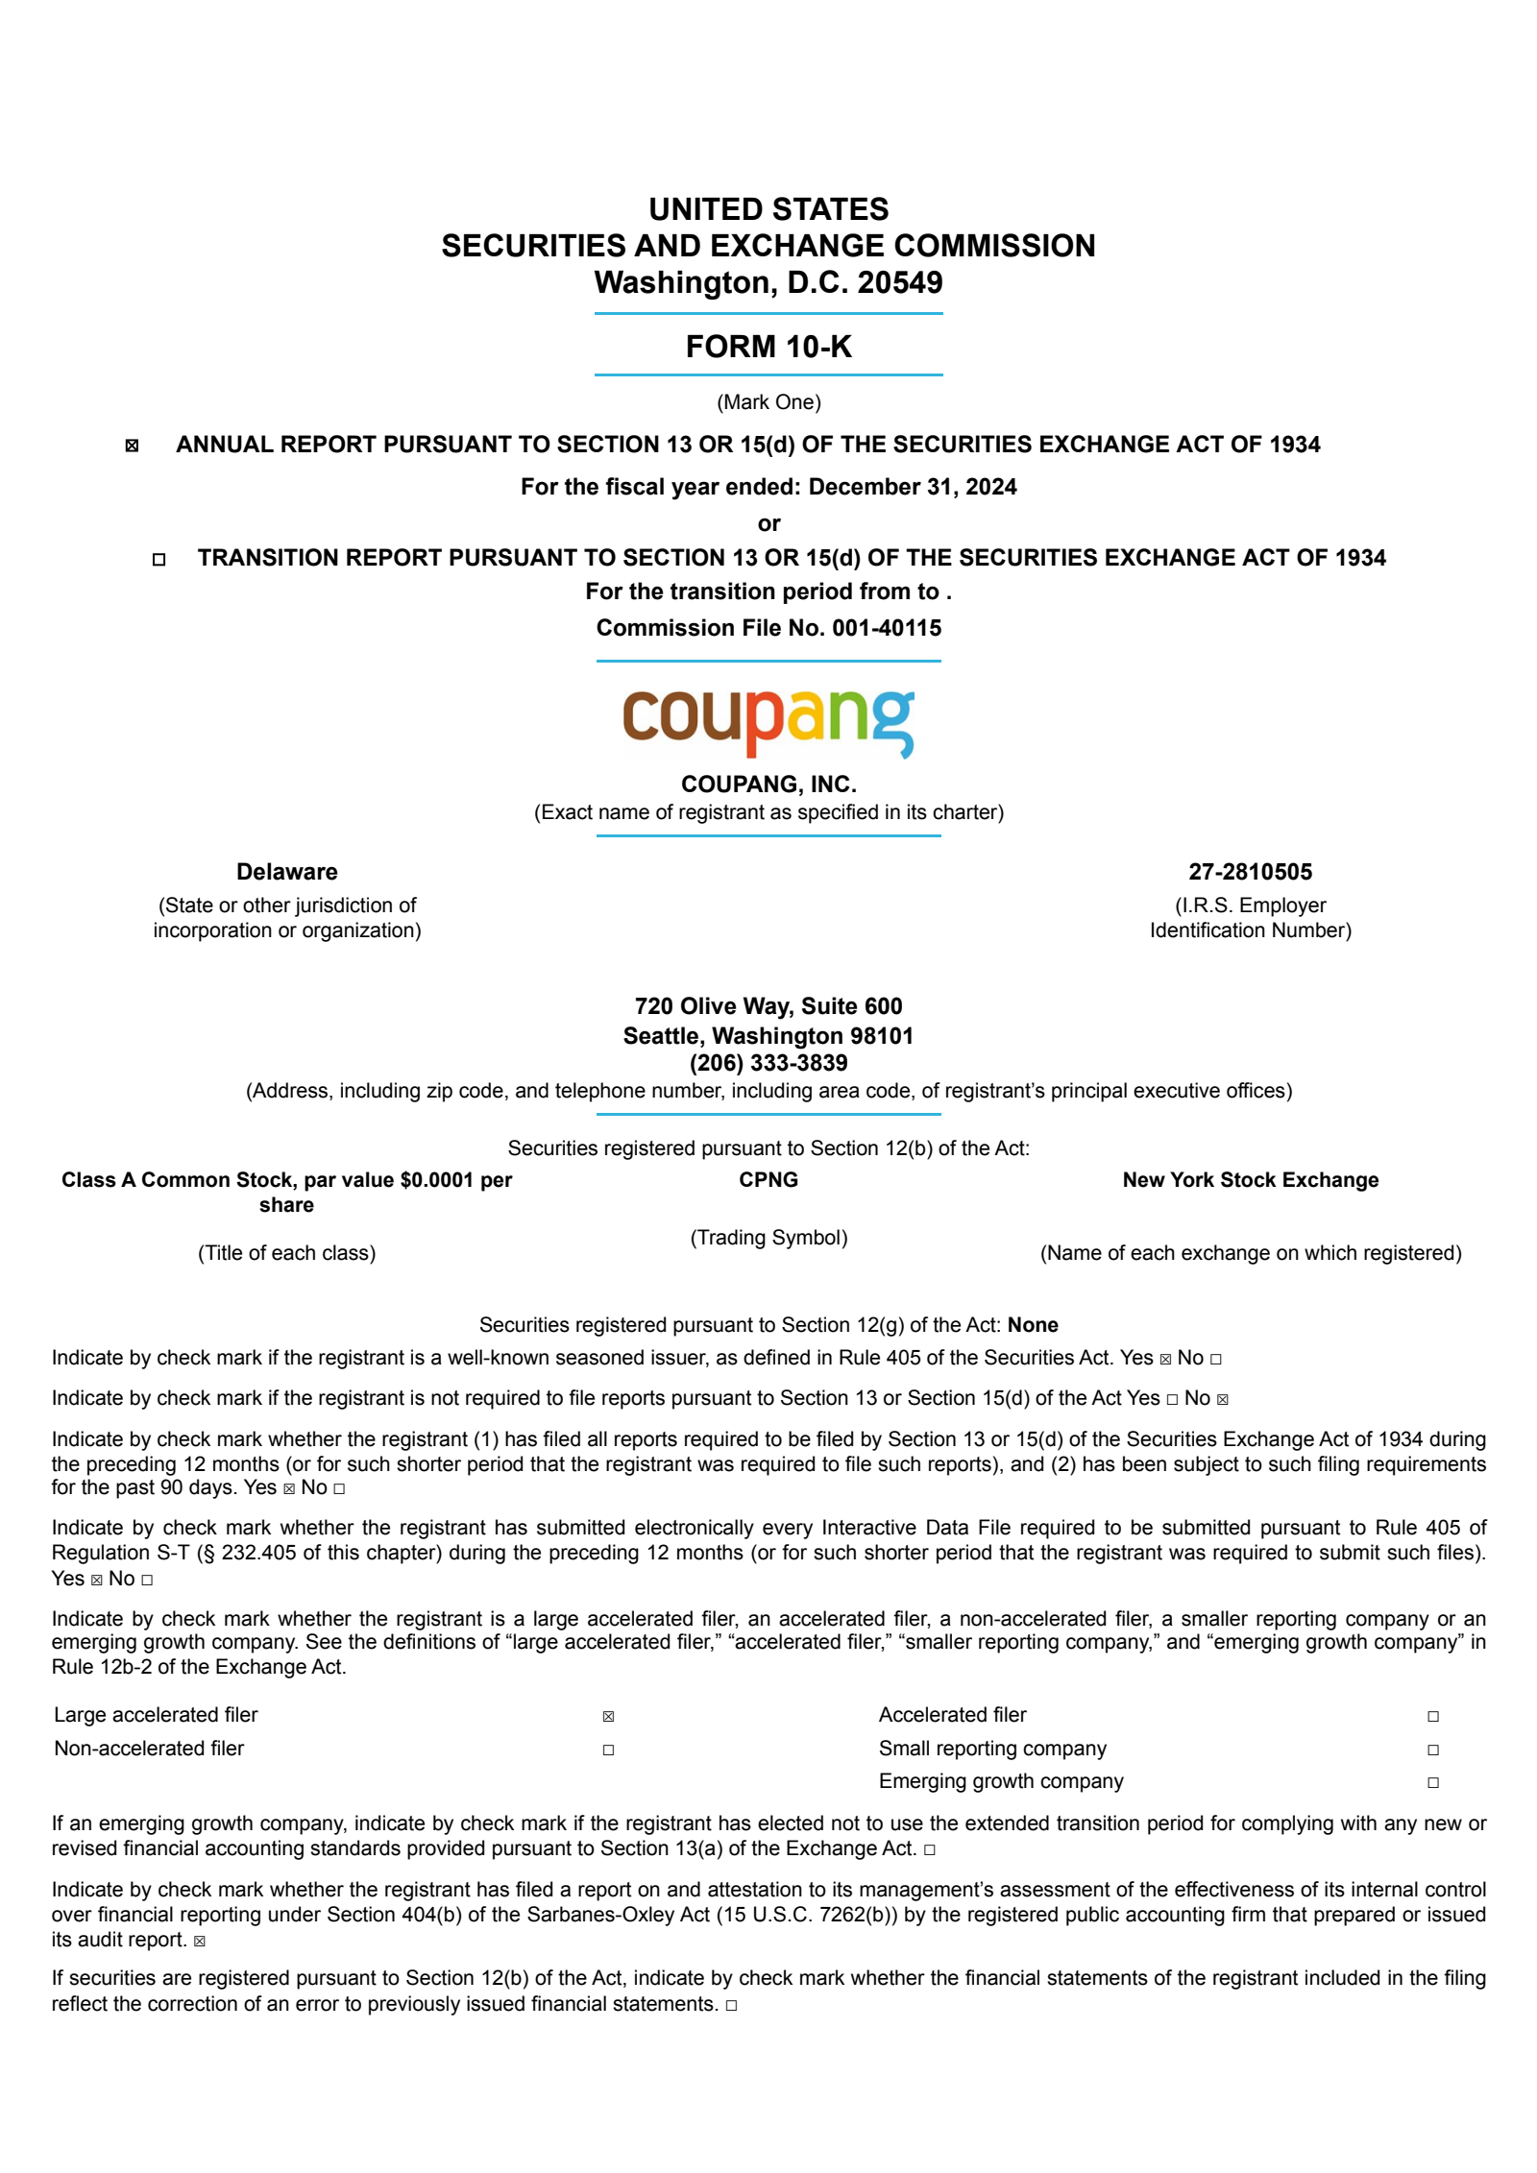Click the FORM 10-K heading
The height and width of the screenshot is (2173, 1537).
point(768,347)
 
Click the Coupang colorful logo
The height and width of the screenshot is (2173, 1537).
point(768,722)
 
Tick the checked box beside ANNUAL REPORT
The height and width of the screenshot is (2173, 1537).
point(133,446)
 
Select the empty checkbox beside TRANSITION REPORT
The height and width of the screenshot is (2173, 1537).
point(159,559)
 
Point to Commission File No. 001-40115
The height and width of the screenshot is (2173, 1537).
point(768,628)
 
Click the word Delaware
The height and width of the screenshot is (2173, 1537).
point(286,872)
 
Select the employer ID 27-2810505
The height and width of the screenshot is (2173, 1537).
point(1250,872)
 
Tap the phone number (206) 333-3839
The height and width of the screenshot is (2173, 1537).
point(768,1063)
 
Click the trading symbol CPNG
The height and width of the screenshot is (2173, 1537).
point(768,1180)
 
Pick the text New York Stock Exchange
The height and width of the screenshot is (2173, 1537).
point(1250,1180)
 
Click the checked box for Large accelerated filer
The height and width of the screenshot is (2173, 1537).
point(608,1716)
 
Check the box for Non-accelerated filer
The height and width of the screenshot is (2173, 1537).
point(608,1750)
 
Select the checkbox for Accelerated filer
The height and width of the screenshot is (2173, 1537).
point(1432,1716)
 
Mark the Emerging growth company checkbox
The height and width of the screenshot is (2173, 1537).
point(1432,1782)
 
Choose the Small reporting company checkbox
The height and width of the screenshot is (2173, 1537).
point(1432,1750)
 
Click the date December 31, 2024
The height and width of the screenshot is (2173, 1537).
point(912,487)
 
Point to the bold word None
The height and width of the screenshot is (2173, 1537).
point(1033,1325)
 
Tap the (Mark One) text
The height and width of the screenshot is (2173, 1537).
point(768,402)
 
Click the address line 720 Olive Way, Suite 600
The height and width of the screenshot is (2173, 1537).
point(768,1006)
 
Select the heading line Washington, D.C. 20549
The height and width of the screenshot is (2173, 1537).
point(768,283)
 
